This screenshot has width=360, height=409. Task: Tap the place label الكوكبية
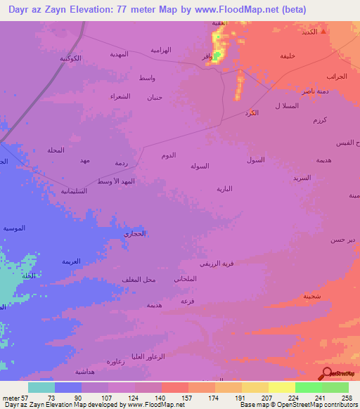coord(70,58)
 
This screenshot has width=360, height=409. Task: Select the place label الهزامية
coord(161,50)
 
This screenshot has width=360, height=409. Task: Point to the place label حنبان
coord(153,97)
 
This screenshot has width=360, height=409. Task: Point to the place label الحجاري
coord(134,233)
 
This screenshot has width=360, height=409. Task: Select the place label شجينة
coord(312,296)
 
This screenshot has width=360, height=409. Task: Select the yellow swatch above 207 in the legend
coord(255,387)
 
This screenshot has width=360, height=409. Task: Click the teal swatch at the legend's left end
coord(41,387)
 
